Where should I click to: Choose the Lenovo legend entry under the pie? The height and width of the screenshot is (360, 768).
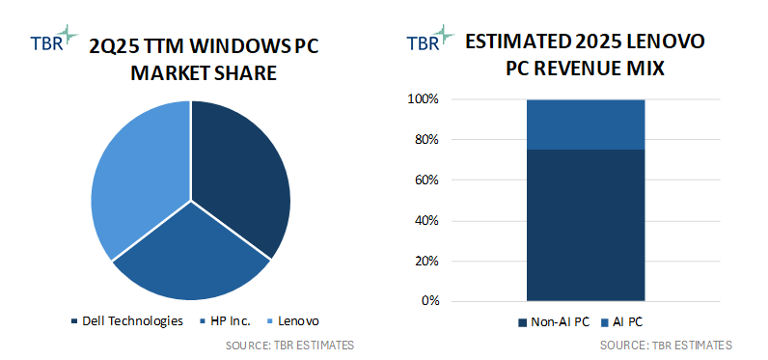click(293, 321)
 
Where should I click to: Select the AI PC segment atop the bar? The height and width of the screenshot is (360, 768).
click(585, 124)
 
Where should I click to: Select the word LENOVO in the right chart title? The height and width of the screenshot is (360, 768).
click(661, 42)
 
